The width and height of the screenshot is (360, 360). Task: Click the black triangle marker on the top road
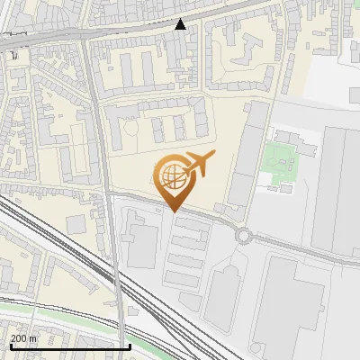click(x=181, y=24)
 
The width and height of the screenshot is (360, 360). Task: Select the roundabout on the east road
click(x=243, y=236)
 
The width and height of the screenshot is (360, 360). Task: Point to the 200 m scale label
click(x=23, y=338)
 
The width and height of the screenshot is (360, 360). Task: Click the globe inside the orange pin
click(x=171, y=175)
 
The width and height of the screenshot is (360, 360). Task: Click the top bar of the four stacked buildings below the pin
click(x=190, y=224)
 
